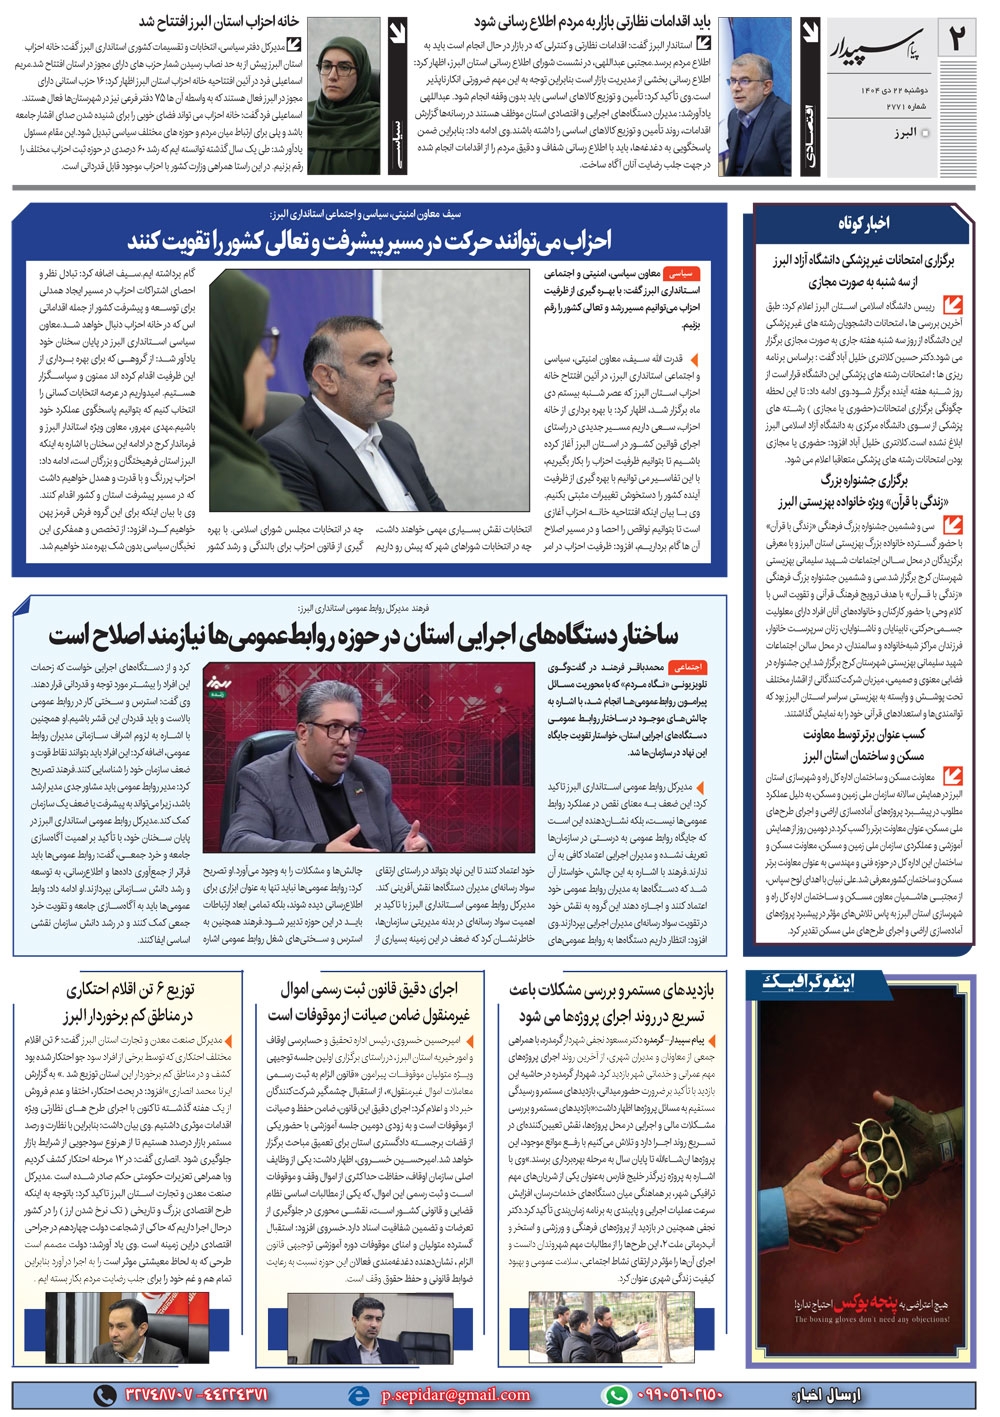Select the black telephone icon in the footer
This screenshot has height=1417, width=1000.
[104, 1394]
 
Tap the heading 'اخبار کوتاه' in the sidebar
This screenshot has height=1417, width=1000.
[864, 223]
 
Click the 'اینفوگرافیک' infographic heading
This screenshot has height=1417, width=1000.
[809, 982]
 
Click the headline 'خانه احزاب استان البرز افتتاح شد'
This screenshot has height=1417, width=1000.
[219, 21]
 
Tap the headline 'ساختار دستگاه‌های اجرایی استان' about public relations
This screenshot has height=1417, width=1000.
[363, 634]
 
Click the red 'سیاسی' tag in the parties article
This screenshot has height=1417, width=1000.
[680, 272]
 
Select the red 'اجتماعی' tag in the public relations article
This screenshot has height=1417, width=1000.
[689, 666]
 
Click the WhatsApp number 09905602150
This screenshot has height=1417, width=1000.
[681, 1394]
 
